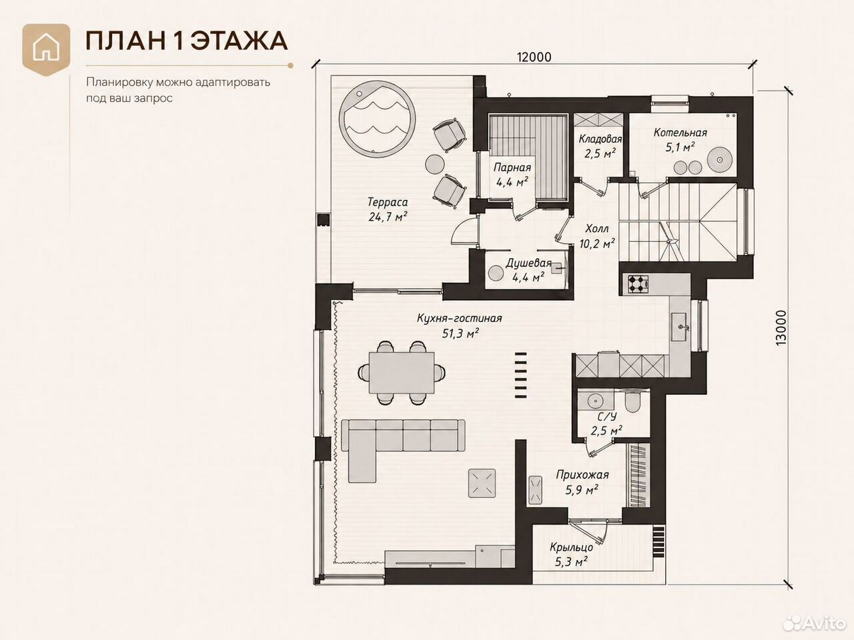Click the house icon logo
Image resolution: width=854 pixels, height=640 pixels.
[x=46, y=49]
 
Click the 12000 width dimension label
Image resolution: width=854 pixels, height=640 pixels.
[x=534, y=57]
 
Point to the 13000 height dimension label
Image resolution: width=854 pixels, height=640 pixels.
[x=781, y=327]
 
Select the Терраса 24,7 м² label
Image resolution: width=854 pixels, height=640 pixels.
[x=388, y=209]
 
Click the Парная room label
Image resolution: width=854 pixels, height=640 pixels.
[x=512, y=167]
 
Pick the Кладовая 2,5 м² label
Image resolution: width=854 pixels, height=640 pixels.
[x=600, y=146]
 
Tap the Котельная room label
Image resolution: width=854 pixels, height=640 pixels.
[x=680, y=133]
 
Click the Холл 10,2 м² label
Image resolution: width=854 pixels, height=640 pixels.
[x=597, y=236]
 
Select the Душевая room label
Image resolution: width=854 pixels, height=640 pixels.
[x=528, y=263]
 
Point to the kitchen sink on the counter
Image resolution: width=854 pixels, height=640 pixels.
[x=682, y=327]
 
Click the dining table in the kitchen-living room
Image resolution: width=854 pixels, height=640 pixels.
[x=401, y=372]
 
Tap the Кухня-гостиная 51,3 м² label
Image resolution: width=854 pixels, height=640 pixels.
[x=460, y=325]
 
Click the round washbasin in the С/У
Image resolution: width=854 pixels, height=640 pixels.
[x=594, y=400]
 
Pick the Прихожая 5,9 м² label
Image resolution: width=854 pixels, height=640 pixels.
[x=582, y=482]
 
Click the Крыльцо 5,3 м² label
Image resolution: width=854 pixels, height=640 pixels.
[x=571, y=555]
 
